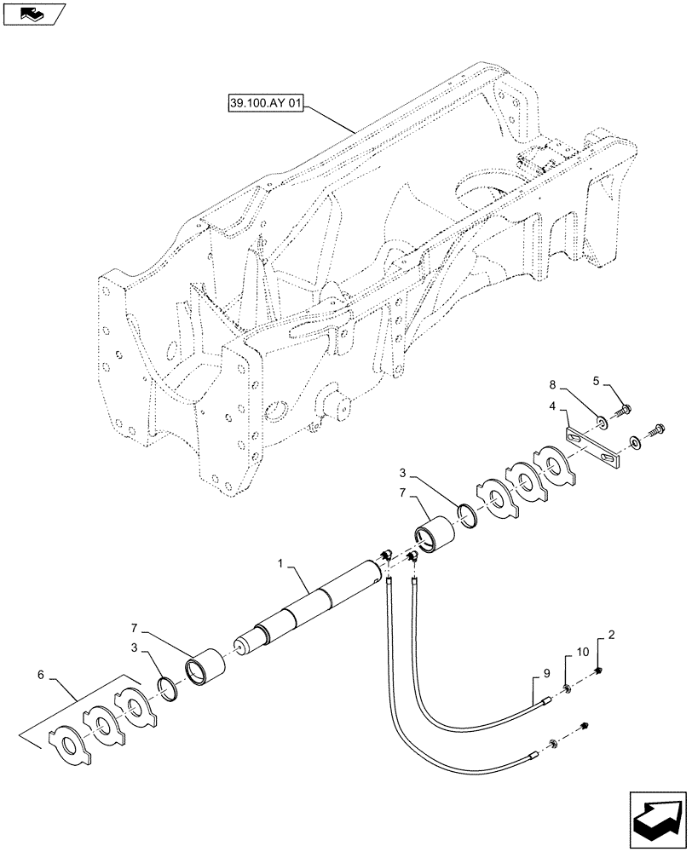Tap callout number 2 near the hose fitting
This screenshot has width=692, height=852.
pos(611,636)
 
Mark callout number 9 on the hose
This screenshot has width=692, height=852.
pos(535,672)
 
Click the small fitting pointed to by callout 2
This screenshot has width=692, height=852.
pos(600,673)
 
